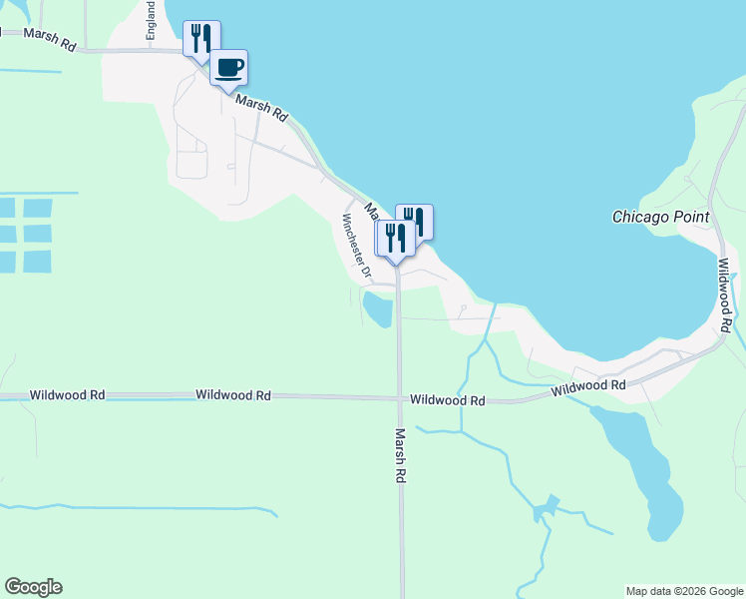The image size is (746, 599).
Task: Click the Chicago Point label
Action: click(x=660, y=217)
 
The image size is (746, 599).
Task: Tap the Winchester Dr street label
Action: click(x=356, y=246)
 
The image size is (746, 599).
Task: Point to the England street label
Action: click(x=151, y=21)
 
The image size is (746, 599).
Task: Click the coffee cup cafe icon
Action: click(x=229, y=68)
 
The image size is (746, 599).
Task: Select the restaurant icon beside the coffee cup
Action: click(x=201, y=39)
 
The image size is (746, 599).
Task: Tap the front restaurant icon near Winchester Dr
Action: click(x=394, y=239)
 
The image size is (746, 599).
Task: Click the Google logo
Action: click(x=33, y=587)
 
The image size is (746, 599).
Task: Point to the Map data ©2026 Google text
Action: click(x=684, y=591)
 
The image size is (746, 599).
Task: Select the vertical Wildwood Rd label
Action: click(x=725, y=295)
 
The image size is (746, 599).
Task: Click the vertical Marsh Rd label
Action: click(x=400, y=456)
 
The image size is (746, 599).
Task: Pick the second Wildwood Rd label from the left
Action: click(x=233, y=395)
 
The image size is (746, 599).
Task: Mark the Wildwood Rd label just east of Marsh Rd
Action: click(x=448, y=400)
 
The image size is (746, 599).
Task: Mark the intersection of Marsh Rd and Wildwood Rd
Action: click(x=399, y=397)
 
